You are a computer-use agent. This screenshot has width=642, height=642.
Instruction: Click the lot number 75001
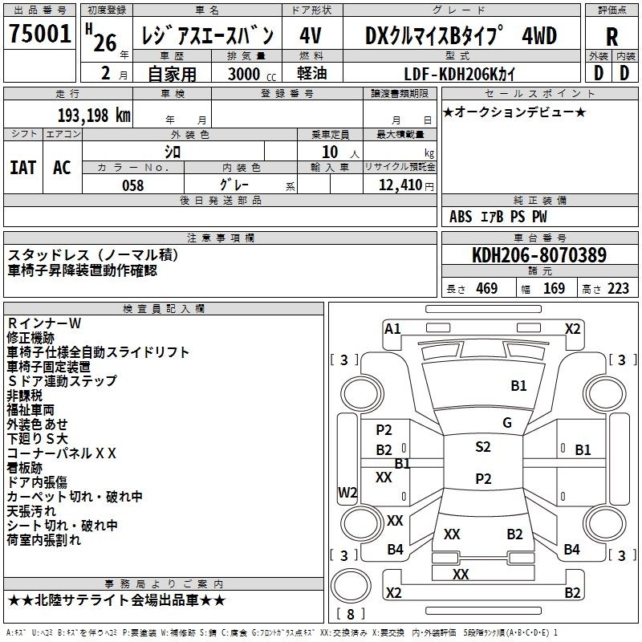click(39, 33)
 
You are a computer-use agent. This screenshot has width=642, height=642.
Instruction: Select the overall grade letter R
click(612, 37)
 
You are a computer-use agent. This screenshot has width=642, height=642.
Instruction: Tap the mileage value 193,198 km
click(94, 116)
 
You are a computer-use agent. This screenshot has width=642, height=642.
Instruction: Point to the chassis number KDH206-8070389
click(539, 254)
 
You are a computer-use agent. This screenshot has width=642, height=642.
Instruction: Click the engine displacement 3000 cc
click(252, 74)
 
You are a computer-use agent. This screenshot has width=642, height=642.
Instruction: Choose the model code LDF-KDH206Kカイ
click(459, 74)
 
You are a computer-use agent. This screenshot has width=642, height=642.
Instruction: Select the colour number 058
click(133, 185)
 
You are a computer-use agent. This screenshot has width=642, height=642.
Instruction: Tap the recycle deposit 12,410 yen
click(406, 185)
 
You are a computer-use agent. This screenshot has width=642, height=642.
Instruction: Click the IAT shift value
click(23, 168)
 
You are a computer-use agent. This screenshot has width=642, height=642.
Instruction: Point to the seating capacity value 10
click(330, 152)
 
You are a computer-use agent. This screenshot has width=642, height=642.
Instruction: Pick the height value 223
click(618, 288)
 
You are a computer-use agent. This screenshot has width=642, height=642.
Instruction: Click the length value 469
click(487, 288)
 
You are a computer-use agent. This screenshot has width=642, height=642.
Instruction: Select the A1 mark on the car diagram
click(392, 329)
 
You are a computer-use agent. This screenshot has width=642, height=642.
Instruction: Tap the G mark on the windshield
click(507, 422)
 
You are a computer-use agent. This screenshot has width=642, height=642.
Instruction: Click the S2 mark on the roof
click(483, 446)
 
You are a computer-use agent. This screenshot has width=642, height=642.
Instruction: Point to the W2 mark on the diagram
click(347, 492)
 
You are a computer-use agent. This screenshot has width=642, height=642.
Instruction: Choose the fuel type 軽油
click(312, 73)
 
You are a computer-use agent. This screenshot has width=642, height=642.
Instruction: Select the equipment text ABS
click(461, 217)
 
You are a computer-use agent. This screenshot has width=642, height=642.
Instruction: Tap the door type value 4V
click(311, 35)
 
